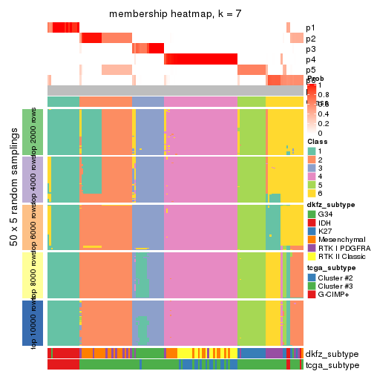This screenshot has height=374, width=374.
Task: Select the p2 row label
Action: point(310,39)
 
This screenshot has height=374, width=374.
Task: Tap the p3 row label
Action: point(310,49)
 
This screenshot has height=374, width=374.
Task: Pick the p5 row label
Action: point(310,70)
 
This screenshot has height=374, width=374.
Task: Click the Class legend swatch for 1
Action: point(312,151)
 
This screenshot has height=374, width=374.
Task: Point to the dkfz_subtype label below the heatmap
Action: point(331,354)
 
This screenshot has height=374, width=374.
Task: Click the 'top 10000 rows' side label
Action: point(35,324)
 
